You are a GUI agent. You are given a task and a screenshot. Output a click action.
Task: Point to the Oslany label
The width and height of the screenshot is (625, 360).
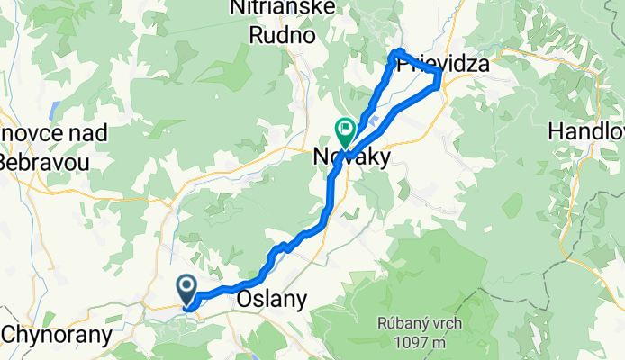click(270, 299)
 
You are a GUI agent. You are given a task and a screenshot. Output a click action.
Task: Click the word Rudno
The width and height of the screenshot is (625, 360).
click(284, 37)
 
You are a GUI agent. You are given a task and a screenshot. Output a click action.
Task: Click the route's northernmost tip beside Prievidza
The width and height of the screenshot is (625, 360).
click(397, 51)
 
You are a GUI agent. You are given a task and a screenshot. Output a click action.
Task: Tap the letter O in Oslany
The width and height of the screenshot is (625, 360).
click(243, 299)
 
